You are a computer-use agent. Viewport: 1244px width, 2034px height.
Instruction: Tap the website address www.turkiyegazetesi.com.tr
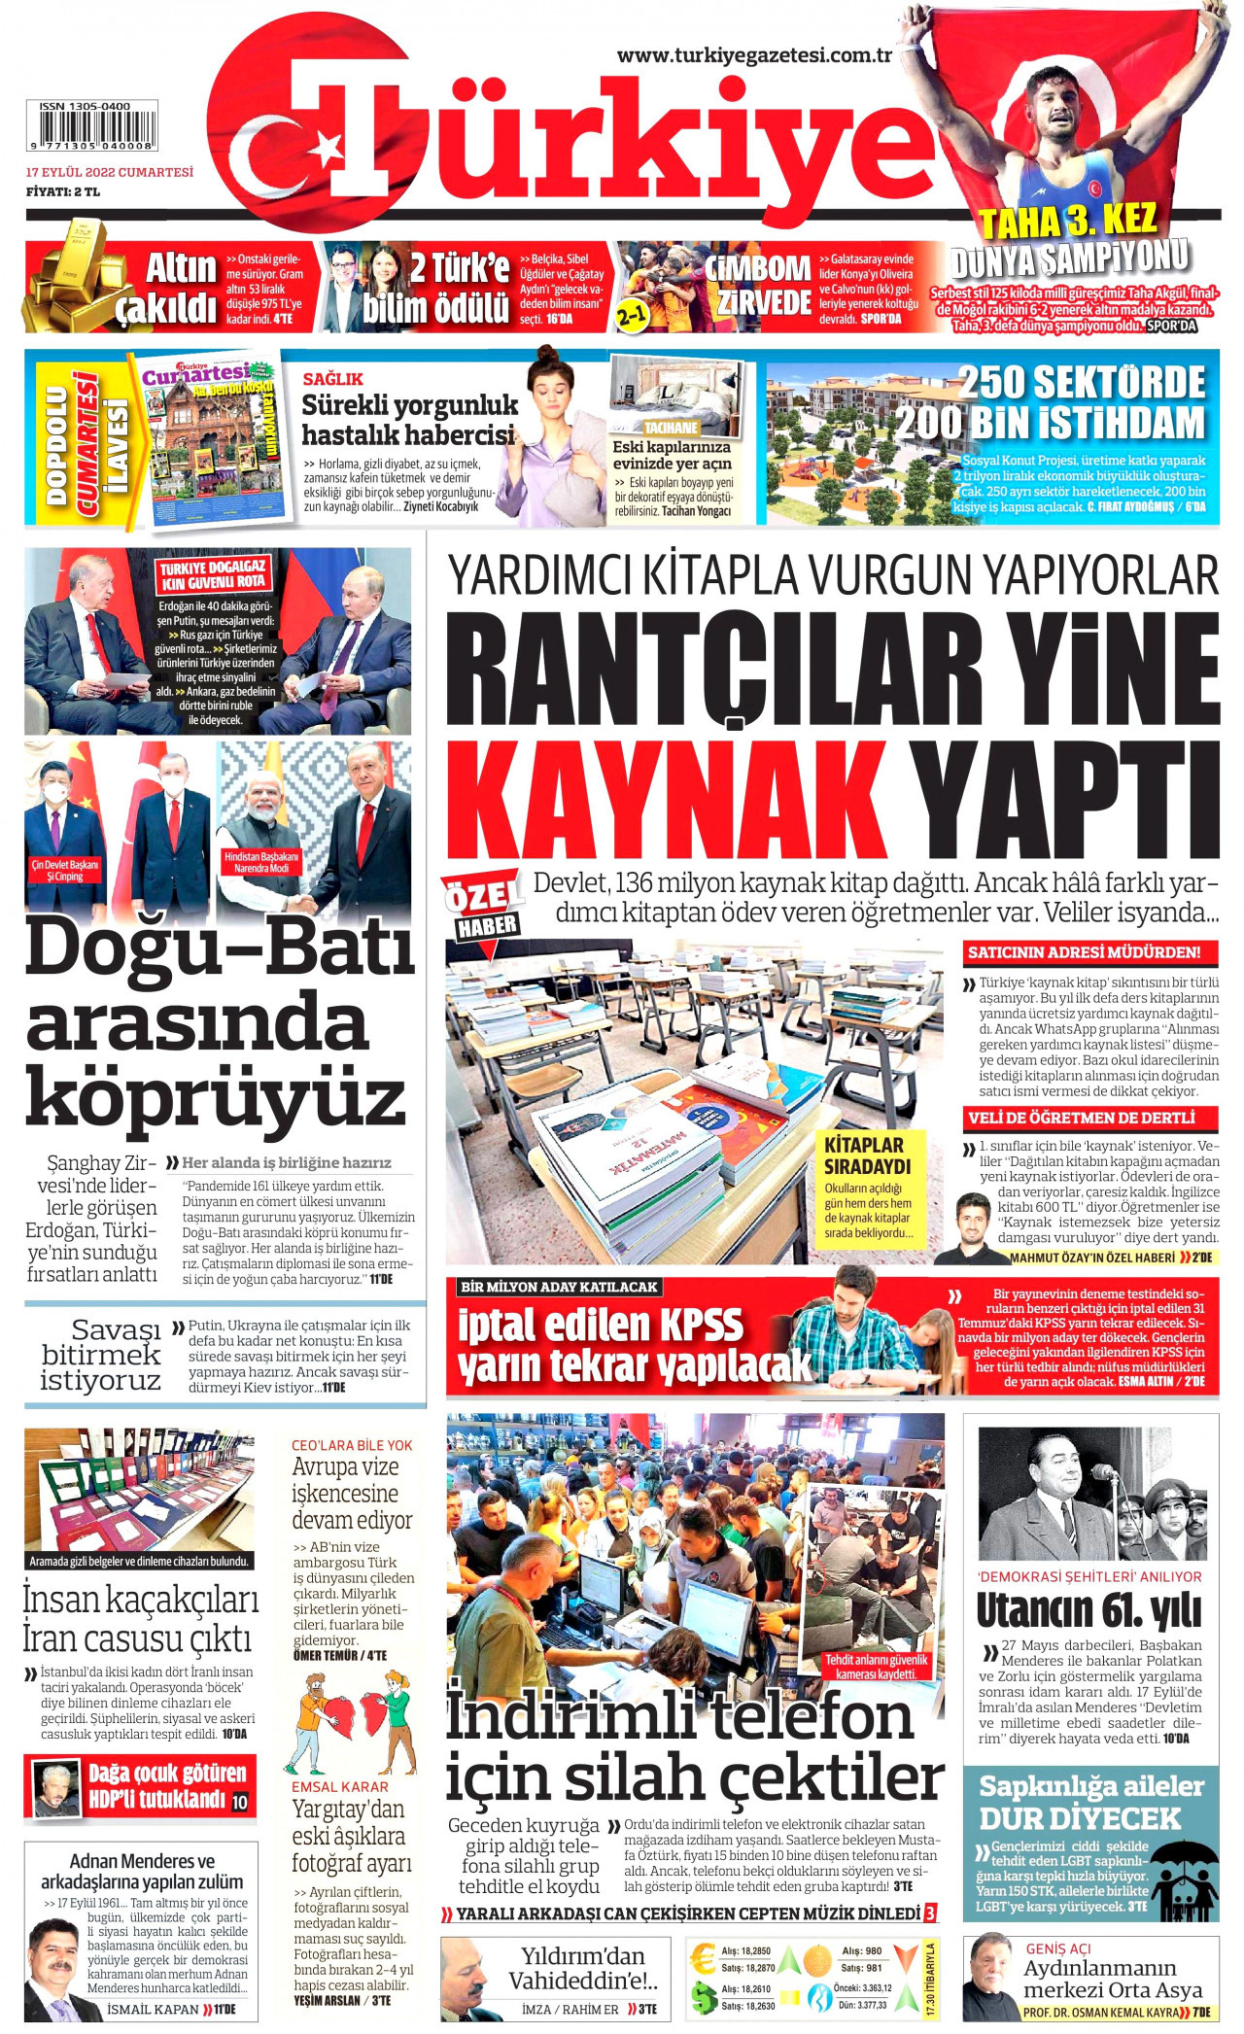[754, 56]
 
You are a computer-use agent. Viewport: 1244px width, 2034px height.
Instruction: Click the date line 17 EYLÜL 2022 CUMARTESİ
[109, 172]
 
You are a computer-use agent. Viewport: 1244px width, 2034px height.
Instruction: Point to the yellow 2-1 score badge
[633, 315]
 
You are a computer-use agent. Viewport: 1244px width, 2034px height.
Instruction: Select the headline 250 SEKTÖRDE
[1081, 382]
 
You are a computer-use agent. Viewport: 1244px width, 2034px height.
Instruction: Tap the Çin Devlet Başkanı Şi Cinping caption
[65, 870]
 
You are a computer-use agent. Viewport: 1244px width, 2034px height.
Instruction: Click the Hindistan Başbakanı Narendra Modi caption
[260, 862]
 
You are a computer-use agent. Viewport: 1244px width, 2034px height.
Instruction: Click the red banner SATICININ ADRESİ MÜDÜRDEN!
[1084, 952]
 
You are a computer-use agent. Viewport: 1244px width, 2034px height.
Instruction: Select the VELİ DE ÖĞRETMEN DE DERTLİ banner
[1081, 1118]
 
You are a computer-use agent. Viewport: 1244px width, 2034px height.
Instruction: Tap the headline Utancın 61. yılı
[1089, 1611]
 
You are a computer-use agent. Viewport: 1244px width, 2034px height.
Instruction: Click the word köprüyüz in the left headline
[215, 1096]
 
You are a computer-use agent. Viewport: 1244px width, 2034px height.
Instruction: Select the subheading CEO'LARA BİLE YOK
[352, 1445]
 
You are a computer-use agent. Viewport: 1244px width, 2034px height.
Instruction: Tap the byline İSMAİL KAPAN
[153, 2009]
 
